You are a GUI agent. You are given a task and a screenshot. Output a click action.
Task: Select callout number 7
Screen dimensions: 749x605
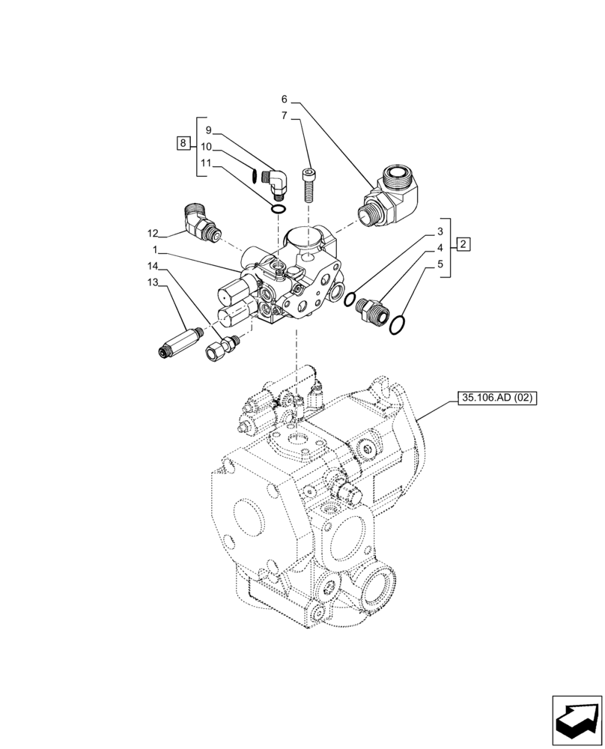[285, 115]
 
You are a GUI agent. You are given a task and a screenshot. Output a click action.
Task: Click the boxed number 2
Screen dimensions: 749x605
[463, 244]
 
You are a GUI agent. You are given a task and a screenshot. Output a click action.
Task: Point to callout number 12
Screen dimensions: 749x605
[153, 233]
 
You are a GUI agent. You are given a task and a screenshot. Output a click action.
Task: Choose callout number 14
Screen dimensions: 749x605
[153, 266]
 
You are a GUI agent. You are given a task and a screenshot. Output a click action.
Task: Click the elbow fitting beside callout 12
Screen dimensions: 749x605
[201, 223]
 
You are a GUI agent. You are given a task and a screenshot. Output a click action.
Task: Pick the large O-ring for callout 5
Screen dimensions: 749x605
[399, 325]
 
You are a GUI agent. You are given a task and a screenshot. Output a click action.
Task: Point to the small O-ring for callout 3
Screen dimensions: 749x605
[349, 300]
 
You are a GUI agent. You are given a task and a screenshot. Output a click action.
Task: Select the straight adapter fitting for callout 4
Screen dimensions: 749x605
[371, 309]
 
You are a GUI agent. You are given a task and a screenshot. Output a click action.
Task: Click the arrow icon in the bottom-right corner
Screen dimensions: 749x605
[577, 720]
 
